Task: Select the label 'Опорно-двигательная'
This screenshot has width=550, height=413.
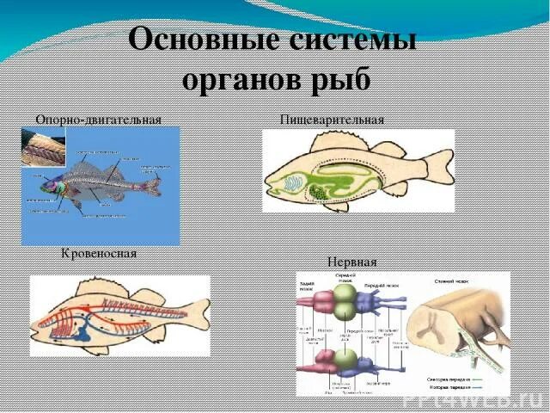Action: coord(98,119)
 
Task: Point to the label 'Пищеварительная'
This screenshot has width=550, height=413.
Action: coord(332,119)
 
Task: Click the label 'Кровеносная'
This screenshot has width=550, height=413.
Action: coord(99,255)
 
